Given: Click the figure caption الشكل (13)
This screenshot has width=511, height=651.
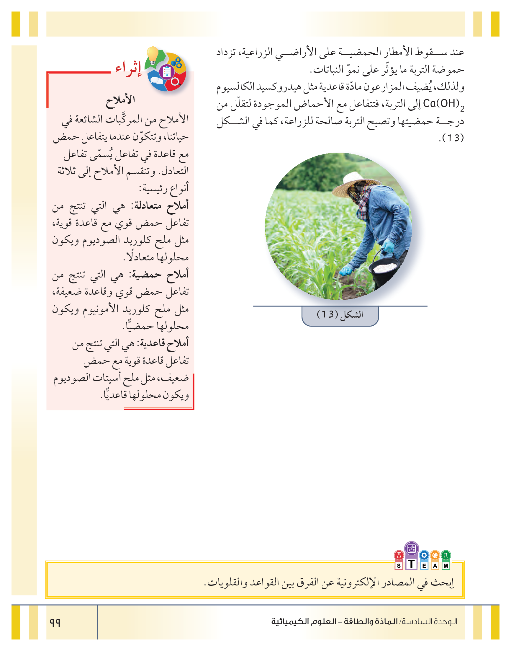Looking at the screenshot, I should (x=340, y=314).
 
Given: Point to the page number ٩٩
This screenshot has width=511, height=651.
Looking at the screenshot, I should (x=55, y=622).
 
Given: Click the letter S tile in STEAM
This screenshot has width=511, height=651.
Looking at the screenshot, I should (x=399, y=565).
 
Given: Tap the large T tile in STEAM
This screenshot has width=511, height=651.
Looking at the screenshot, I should (x=411, y=564).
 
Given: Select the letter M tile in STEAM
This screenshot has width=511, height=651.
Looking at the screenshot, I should (x=446, y=565).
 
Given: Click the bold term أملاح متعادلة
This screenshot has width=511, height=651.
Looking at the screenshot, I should (x=162, y=206).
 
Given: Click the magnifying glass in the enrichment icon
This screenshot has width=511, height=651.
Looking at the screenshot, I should (x=176, y=81).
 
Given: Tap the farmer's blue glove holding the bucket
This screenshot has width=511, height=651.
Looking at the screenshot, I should (x=389, y=247).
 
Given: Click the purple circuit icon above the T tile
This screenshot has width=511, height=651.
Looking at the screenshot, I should (x=411, y=549).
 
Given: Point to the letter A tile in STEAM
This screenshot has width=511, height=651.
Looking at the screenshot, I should (x=435, y=565).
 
